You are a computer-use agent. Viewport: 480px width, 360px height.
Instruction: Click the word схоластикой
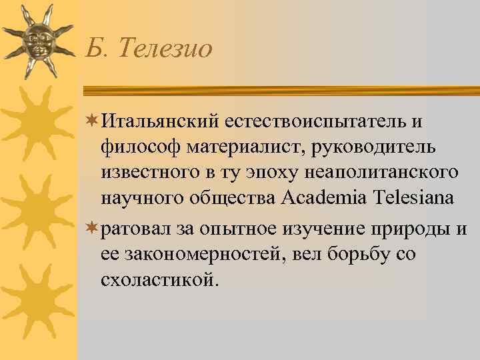[159, 280]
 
